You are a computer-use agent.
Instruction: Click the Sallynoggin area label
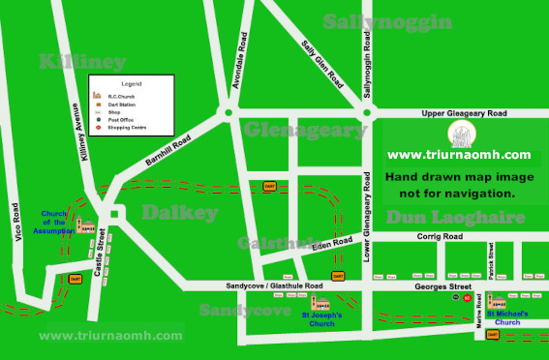[387, 21]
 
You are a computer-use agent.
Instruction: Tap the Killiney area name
[82, 62]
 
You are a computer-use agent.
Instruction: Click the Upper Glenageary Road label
[464, 113]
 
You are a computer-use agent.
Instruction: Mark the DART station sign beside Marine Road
[493, 335]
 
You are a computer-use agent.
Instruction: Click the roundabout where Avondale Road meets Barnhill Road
[229, 113]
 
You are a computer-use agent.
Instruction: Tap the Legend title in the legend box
[132, 84]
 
